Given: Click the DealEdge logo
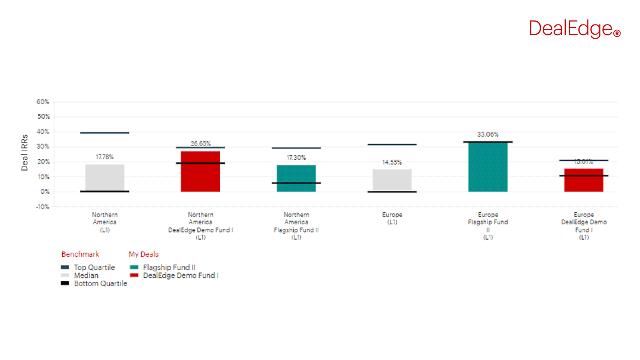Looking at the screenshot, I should [x=574, y=29].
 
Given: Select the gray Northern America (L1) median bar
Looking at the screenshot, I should [x=105, y=178].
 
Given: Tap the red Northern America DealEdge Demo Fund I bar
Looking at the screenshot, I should [x=200, y=172].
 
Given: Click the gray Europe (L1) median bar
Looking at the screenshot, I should [x=392, y=180].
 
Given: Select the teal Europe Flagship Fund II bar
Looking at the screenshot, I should [x=488, y=167].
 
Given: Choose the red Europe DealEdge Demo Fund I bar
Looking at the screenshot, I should [x=584, y=180].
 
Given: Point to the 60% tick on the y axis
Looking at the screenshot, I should [x=42, y=102].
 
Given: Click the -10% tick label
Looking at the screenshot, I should [x=42, y=207].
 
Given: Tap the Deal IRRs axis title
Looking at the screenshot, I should [x=25, y=152].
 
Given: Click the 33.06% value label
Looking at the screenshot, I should [x=488, y=135].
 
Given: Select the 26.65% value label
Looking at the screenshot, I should [x=200, y=144].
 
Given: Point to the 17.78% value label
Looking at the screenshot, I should [x=105, y=157].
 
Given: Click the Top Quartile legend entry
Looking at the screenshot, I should [x=94, y=268].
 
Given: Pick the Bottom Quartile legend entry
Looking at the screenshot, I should [x=100, y=284].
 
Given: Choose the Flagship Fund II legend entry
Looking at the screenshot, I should [x=169, y=268].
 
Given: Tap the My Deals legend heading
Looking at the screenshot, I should [x=144, y=255].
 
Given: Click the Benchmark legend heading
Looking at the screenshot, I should [x=80, y=255].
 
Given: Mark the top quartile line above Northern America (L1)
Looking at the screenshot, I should [x=105, y=133].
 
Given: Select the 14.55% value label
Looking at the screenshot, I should [x=392, y=163].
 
